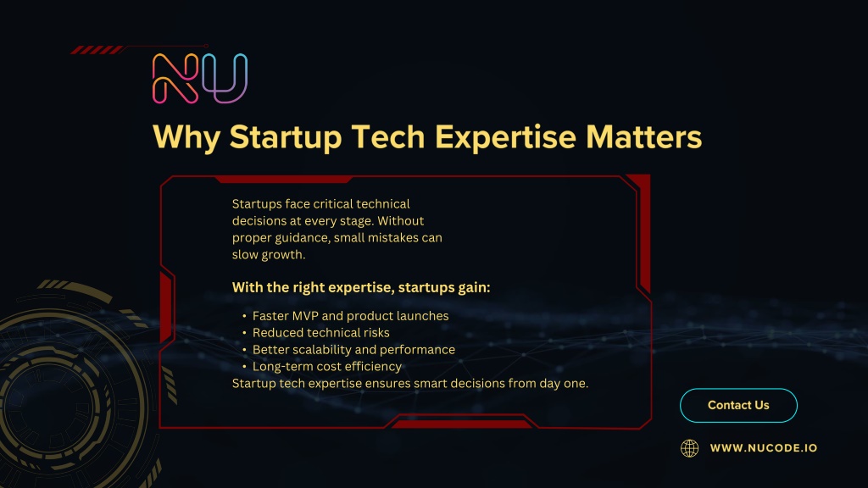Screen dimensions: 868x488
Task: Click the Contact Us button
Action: click(738, 406)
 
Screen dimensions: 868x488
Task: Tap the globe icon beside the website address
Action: click(689, 448)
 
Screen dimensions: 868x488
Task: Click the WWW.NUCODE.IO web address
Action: click(764, 448)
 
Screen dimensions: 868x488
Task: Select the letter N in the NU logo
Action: click(175, 79)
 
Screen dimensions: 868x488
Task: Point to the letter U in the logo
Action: click(225, 79)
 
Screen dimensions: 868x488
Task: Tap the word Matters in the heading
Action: click(644, 136)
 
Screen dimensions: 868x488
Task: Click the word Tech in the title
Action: click(388, 136)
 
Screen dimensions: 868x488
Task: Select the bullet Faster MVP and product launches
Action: click(350, 316)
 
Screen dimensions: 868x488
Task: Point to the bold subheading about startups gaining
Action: click(361, 288)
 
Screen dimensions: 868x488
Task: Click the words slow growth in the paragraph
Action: click(269, 254)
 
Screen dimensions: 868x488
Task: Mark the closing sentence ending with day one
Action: click(410, 384)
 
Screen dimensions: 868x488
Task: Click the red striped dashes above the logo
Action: click(97, 50)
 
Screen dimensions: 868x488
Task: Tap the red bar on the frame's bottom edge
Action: click(460, 424)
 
